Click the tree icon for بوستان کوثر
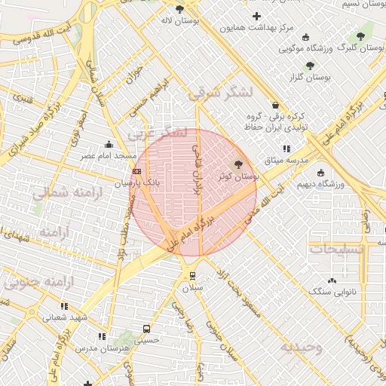point(239,163)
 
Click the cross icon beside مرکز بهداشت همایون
point(257,16)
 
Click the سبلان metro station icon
point(193,275)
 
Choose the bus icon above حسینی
point(146,329)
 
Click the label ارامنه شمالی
point(63,192)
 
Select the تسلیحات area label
point(337,248)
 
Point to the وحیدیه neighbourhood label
point(302,347)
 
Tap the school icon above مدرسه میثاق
point(286,149)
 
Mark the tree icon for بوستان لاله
point(179,9)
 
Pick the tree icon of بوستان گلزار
point(310,66)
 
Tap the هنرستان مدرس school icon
point(102,336)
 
